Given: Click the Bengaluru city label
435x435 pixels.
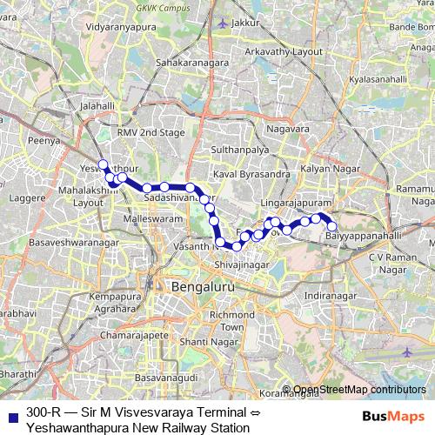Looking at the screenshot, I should (x=201, y=286).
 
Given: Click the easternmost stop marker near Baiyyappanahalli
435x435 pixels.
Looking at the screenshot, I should (x=331, y=226).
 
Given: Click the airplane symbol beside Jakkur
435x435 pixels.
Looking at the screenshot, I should (x=224, y=23).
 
